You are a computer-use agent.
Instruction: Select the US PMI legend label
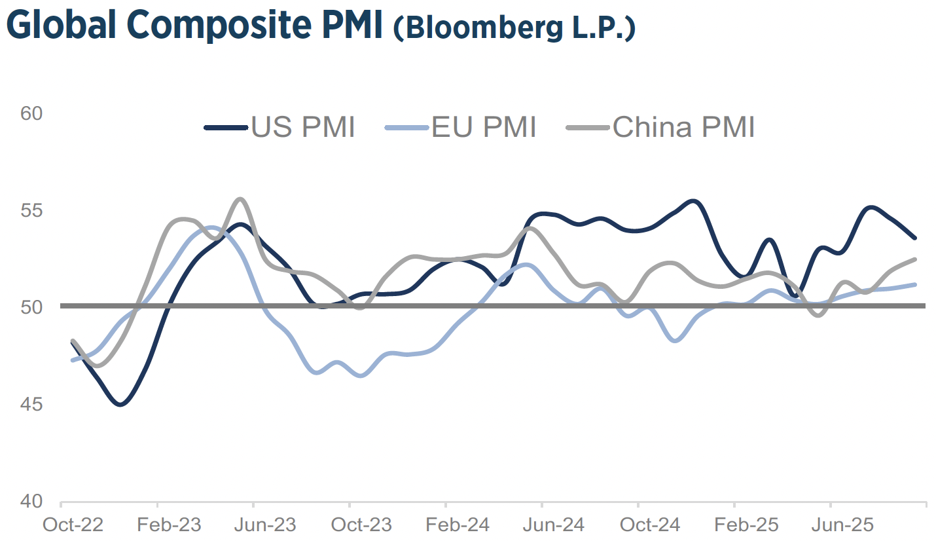(303, 127)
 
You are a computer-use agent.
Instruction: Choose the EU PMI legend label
(484, 127)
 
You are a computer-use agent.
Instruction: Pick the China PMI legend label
(683, 127)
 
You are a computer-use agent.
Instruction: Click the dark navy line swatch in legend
(226, 127)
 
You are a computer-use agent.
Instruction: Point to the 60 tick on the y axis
(31, 113)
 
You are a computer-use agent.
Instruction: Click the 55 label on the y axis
(31, 210)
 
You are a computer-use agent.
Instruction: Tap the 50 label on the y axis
(31, 307)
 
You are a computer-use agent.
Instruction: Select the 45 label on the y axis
(31, 404)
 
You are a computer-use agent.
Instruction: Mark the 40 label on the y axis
(31, 501)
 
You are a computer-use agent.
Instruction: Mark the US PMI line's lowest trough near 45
(120, 404)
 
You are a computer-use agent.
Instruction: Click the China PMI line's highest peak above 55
(240, 199)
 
